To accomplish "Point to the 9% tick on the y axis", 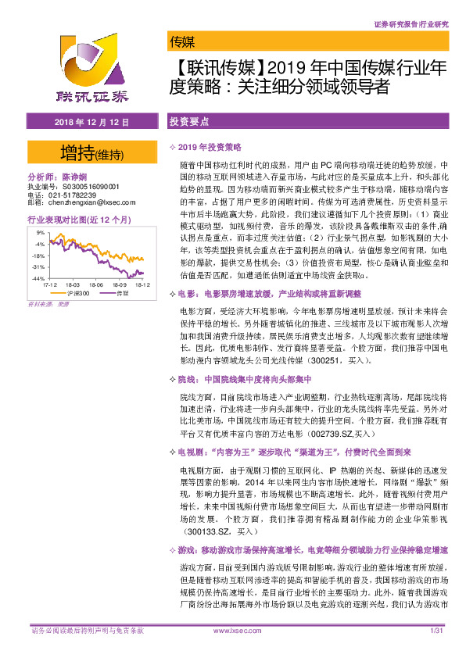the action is coord(40,233).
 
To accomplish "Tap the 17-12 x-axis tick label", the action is coord(49,286).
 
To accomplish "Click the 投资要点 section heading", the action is coord(188,123).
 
